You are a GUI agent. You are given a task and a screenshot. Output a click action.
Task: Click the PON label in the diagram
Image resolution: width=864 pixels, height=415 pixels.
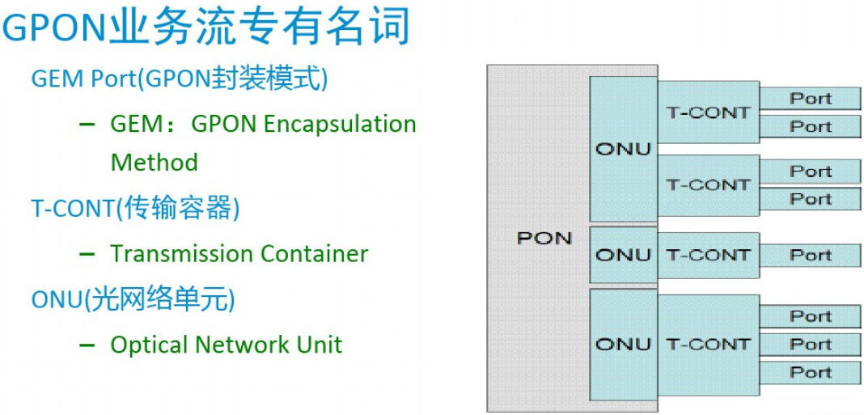[x=544, y=238]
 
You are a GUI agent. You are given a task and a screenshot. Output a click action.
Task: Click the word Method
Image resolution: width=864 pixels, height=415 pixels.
[x=154, y=162]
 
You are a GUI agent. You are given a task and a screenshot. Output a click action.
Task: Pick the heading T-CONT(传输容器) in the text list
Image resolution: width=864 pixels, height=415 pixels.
[x=136, y=209]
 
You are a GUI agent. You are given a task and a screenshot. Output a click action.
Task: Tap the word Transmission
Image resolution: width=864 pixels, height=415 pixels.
[x=172, y=253]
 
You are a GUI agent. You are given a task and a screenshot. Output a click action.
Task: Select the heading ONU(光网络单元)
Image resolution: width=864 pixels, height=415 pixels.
[x=133, y=299]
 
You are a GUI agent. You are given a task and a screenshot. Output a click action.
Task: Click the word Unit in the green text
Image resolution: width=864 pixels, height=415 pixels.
[x=320, y=345]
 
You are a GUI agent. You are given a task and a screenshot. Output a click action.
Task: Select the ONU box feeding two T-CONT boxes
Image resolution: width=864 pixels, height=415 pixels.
[x=623, y=149]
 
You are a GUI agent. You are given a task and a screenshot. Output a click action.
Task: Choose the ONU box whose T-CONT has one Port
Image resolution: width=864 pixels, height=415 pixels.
[x=623, y=255]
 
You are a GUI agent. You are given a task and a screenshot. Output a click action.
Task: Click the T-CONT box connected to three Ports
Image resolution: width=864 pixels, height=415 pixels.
[x=708, y=344]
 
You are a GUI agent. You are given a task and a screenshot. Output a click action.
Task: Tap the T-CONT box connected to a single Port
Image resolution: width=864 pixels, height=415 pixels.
[x=708, y=255]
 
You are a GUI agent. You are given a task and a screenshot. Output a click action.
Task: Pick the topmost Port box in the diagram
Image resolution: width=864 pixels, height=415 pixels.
[x=811, y=99]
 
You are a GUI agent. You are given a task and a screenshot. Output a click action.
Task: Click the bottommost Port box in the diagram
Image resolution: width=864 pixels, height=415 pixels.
[x=811, y=372]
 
